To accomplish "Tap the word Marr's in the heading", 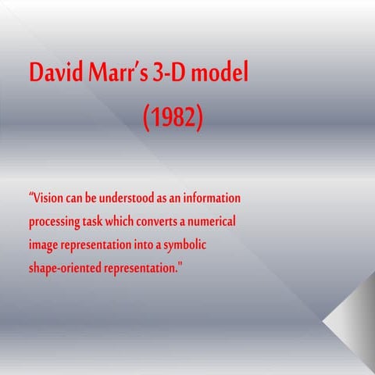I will [116, 73].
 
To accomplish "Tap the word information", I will [210, 198].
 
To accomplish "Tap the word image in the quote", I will [44, 245].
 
